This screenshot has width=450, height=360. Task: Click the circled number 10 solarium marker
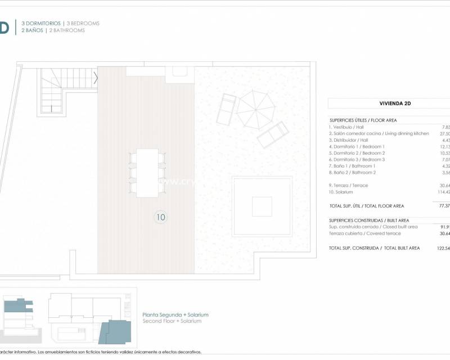click(x=161, y=217)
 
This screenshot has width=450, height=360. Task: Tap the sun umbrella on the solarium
click(x=256, y=109)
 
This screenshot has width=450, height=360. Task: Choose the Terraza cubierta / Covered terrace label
click(x=365, y=233)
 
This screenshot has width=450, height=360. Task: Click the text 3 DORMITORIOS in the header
click(x=41, y=24)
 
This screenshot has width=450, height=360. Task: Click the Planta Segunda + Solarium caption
click(x=175, y=315)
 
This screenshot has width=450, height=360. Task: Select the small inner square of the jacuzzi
click(x=262, y=206)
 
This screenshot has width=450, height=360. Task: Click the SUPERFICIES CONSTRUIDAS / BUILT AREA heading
click(x=369, y=220)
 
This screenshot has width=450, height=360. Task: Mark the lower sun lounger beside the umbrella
click(x=273, y=134)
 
